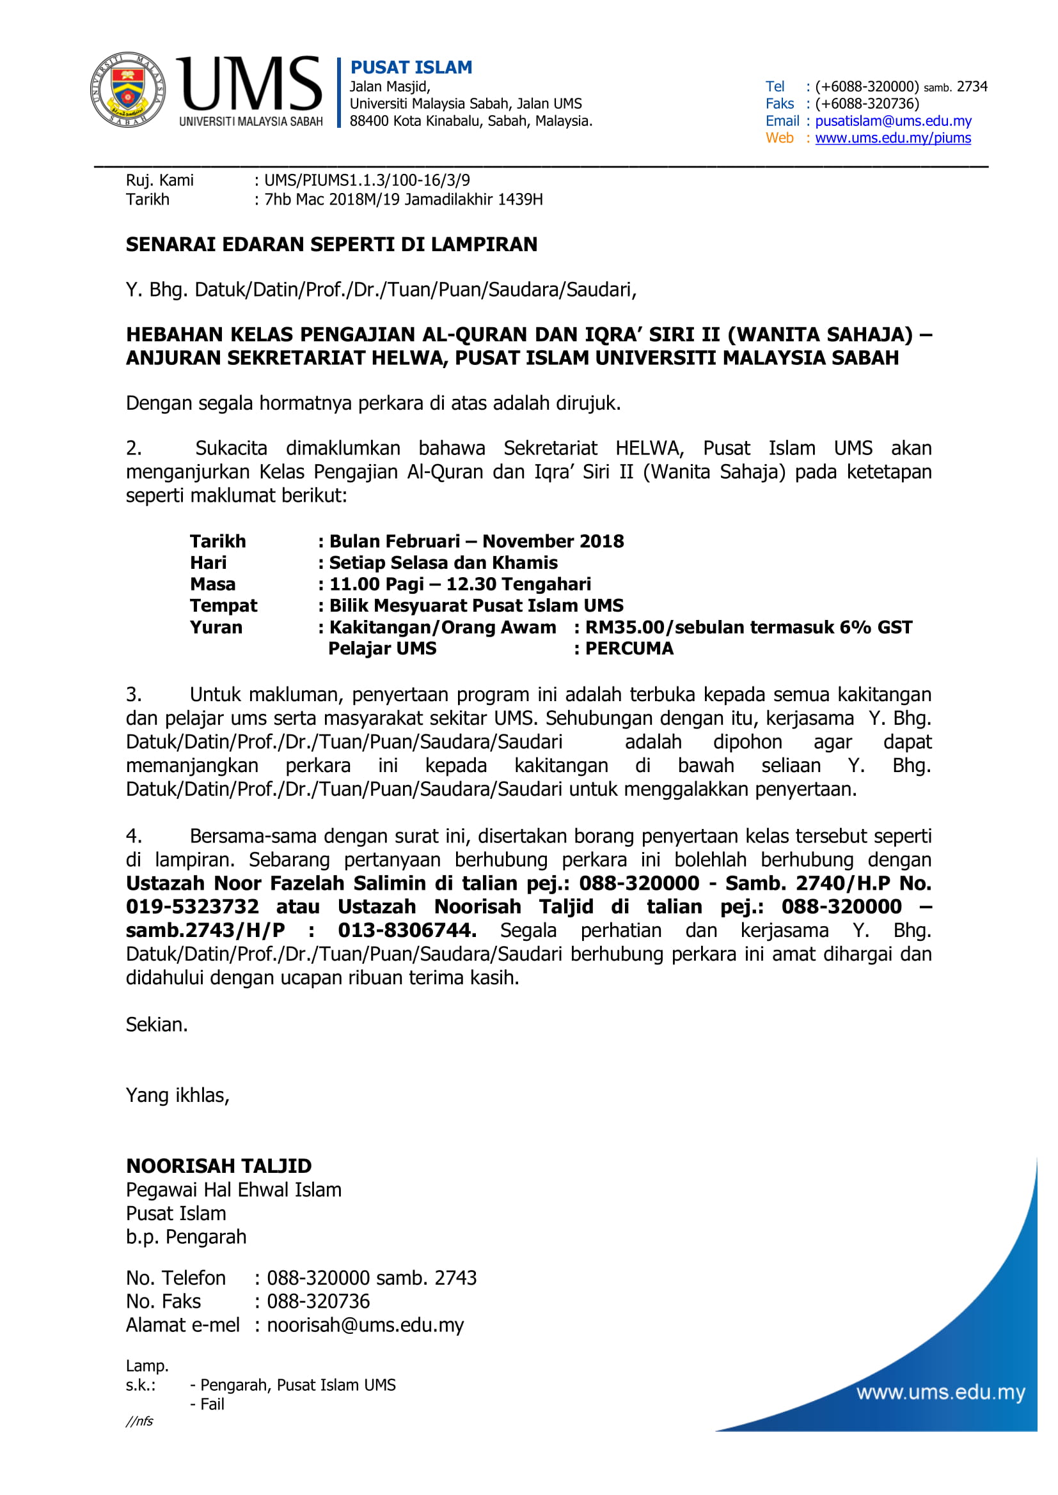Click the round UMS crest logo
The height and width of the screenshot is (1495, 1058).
pyautogui.click(x=127, y=90)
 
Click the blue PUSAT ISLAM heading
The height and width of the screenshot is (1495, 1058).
pyautogui.click(x=411, y=67)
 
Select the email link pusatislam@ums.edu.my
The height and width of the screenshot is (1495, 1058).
pyautogui.click(x=892, y=120)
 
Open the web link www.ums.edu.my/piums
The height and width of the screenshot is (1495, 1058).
pyautogui.click(x=892, y=138)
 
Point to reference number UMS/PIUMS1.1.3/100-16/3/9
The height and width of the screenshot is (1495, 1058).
pyautogui.click(x=367, y=180)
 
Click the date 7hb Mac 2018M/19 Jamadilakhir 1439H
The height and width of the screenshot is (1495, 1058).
pyautogui.click(x=403, y=199)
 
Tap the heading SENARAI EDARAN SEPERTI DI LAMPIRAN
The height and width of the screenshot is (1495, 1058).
pyautogui.click(x=331, y=244)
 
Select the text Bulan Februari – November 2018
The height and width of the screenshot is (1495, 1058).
pyautogui.click(x=477, y=541)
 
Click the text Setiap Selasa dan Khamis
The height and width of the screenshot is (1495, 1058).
pyautogui.click(x=443, y=562)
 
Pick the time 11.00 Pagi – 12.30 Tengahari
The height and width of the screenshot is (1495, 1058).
pyautogui.click(x=460, y=584)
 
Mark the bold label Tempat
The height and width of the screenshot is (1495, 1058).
pyautogui.click(x=223, y=605)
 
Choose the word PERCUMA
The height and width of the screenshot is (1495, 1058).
pyautogui.click(x=629, y=649)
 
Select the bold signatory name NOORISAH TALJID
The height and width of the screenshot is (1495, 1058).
pyautogui.click(x=219, y=1166)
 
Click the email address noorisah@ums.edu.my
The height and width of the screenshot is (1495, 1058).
pyautogui.click(x=365, y=1325)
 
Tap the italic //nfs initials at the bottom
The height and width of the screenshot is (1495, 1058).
pyautogui.click(x=139, y=1421)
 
